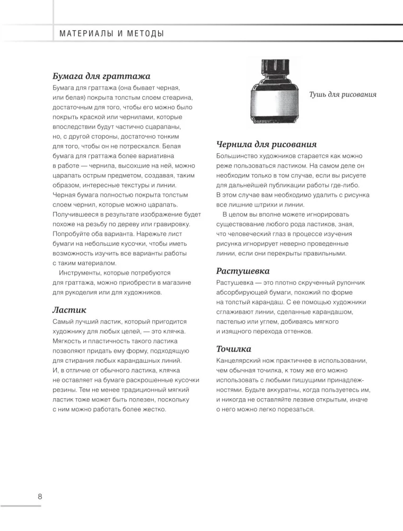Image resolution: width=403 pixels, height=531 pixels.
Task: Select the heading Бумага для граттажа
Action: pos(101,76)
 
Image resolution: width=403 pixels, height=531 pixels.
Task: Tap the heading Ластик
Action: pos(69,310)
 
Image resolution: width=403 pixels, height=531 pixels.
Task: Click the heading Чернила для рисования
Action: pos(266,144)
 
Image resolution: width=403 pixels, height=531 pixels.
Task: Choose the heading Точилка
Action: pos(234,349)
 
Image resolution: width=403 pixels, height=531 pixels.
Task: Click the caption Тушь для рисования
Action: pos(343,95)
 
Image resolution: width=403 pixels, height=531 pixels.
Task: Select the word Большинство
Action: pos(239,156)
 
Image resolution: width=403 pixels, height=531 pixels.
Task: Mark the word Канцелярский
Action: pos(241,361)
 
